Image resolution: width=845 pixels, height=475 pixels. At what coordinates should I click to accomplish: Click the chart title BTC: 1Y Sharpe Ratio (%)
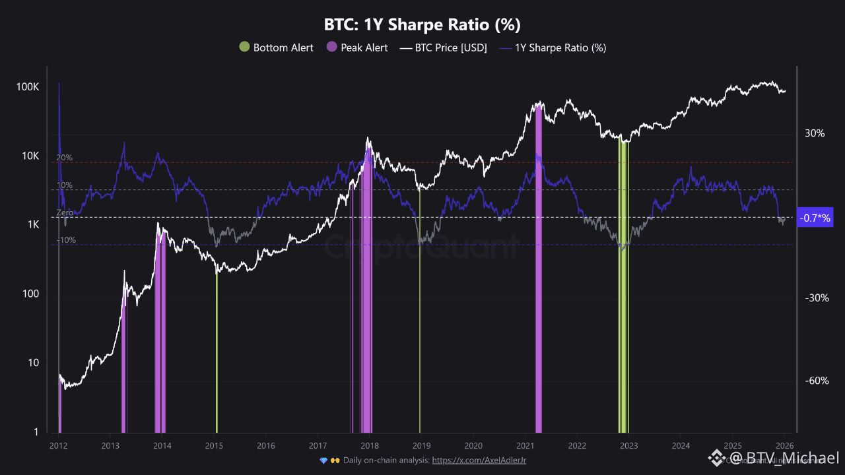422,25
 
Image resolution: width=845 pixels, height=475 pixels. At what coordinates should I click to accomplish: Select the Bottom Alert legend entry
276,47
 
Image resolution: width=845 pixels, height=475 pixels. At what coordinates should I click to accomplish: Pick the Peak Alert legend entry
356,47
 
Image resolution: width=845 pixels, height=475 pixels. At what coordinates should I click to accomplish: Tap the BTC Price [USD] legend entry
444,47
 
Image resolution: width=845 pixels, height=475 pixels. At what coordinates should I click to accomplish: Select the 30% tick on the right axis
815,133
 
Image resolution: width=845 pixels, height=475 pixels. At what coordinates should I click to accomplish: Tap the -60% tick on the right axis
816,381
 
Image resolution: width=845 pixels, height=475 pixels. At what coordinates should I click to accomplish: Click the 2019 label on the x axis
421,446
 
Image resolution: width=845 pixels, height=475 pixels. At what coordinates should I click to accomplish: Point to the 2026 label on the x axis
784,446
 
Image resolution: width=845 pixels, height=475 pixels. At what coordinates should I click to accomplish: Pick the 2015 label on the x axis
214,446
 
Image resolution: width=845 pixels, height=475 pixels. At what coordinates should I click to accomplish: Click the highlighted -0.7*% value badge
815,218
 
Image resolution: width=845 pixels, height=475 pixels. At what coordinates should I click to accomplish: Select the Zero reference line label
65,213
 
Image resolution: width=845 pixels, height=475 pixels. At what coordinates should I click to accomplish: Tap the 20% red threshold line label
64,158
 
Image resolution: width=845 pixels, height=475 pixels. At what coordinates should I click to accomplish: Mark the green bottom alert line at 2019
420,330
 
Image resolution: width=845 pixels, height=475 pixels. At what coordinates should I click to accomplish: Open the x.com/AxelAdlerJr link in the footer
479,460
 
